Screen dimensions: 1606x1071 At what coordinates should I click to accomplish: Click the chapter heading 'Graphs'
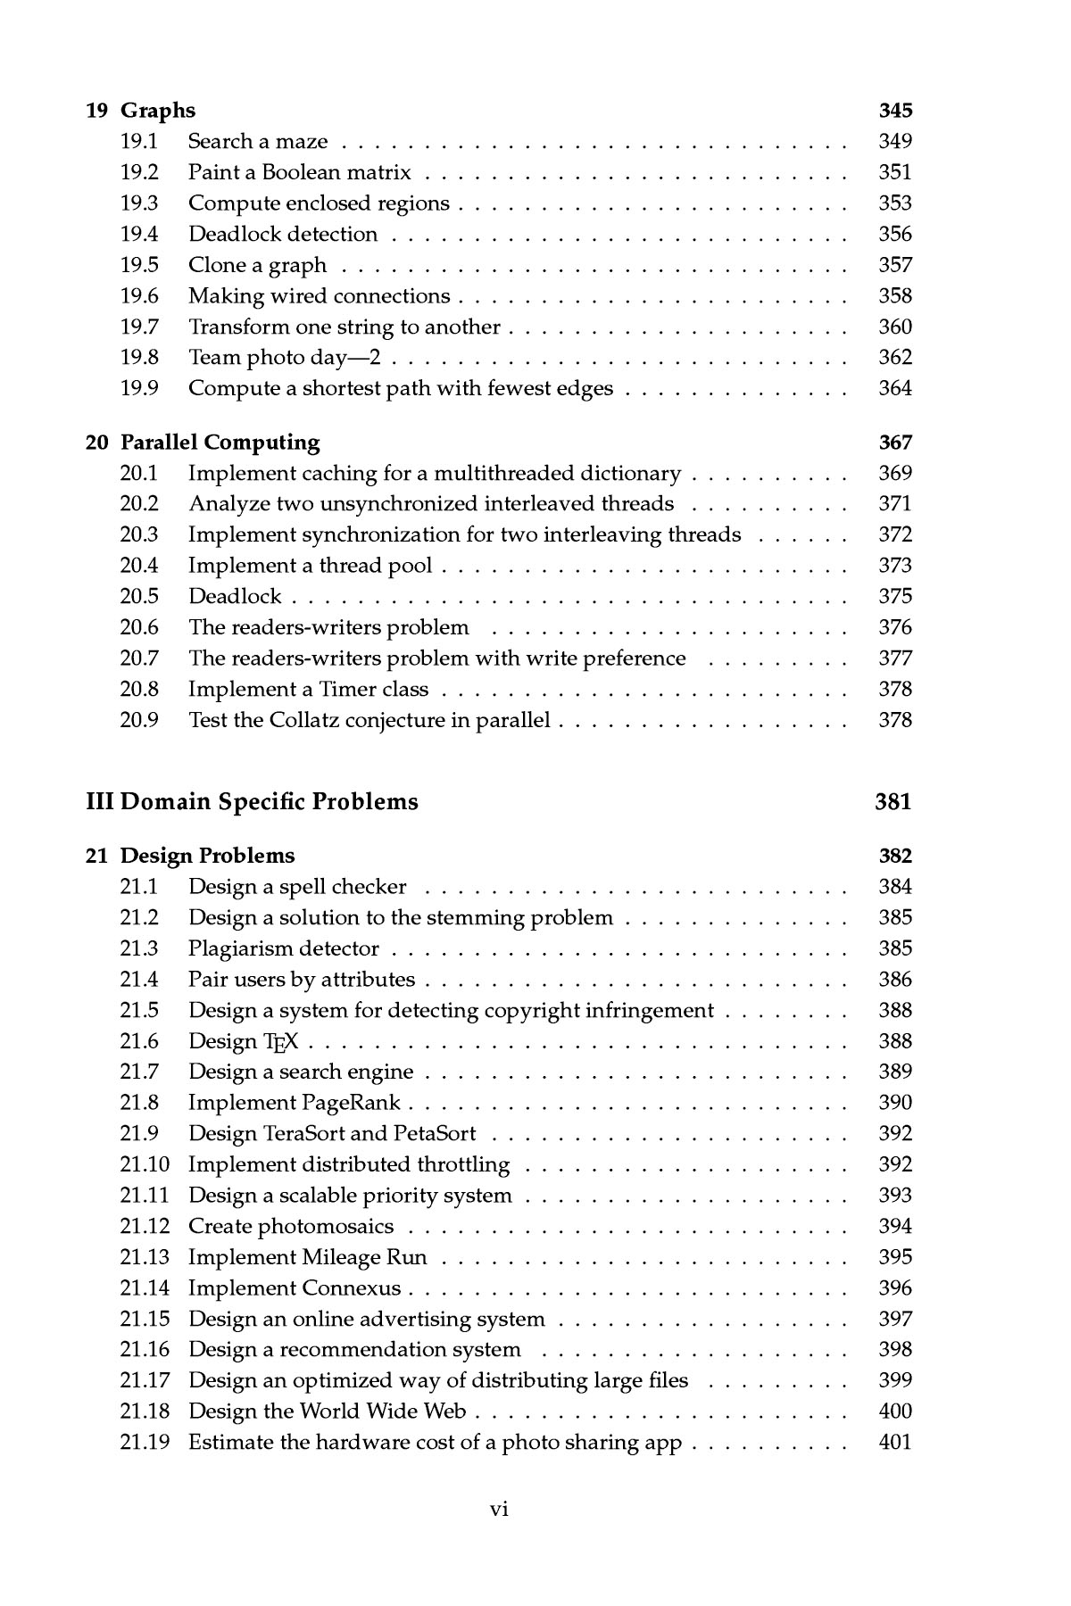click(x=157, y=111)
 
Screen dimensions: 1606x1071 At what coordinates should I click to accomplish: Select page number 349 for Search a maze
click(x=895, y=141)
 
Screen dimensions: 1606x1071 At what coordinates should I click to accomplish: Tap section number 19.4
click(x=139, y=234)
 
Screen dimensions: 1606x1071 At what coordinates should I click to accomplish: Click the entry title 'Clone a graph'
click(x=257, y=265)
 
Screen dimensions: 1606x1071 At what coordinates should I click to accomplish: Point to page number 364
click(x=895, y=388)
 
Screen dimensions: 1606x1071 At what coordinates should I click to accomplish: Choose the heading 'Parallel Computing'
click(x=220, y=443)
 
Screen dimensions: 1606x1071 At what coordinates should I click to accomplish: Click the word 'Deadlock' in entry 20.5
click(x=235, y=596)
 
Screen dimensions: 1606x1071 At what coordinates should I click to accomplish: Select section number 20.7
click(x=139, y=658)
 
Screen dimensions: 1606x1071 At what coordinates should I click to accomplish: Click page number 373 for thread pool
click(x=895, y=566)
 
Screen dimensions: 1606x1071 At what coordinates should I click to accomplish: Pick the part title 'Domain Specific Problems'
click(x=269, y=801)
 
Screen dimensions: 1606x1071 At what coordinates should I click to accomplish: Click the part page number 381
click(x=893, y=801)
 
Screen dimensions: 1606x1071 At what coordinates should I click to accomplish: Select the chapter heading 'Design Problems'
click(x=207, y=856)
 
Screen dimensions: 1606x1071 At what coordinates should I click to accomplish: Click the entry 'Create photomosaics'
click(x=291, y=1227)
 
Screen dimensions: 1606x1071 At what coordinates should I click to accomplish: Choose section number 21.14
click(x=145, y=1288)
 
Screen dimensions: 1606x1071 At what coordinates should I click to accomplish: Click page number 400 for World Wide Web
click(x=895, y=1411)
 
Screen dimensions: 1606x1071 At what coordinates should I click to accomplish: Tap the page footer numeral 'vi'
click(x=499, y=1509)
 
